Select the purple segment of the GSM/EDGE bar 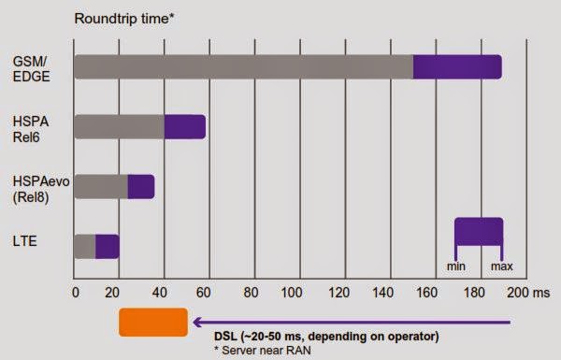457,67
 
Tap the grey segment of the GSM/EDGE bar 243,67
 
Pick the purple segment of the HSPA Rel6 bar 184,126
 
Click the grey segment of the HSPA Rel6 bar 119,126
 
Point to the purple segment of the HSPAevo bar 141,186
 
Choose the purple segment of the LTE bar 108,246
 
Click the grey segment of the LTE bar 85,246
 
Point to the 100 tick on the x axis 294,291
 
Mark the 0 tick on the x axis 75,291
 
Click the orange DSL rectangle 153,322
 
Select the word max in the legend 502,266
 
